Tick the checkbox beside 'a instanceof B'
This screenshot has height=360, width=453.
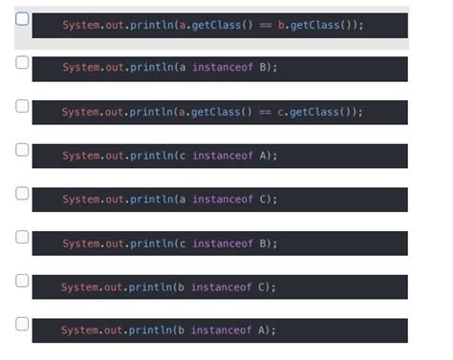pos(22,62)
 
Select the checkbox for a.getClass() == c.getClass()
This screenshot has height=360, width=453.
pos(22,106)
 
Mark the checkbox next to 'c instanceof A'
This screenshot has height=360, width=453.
pos(22,150)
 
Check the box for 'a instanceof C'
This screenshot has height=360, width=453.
pos(22,194)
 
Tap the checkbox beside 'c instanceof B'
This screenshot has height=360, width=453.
pos(22,237)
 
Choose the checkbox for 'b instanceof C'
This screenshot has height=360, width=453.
pos(22,281)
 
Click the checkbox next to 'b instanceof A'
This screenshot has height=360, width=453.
pos(22,324)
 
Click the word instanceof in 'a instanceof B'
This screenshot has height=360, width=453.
pos(222,69)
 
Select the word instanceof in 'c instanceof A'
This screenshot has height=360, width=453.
pos(222,156)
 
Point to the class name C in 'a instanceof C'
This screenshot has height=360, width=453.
pos(263,200)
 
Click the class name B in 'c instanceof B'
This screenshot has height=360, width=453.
pos(263,244)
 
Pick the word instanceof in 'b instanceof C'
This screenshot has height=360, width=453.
pos(221,287)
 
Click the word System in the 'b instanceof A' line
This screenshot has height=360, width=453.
pos(79,330)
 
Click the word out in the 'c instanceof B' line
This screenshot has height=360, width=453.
pos(115,244)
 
